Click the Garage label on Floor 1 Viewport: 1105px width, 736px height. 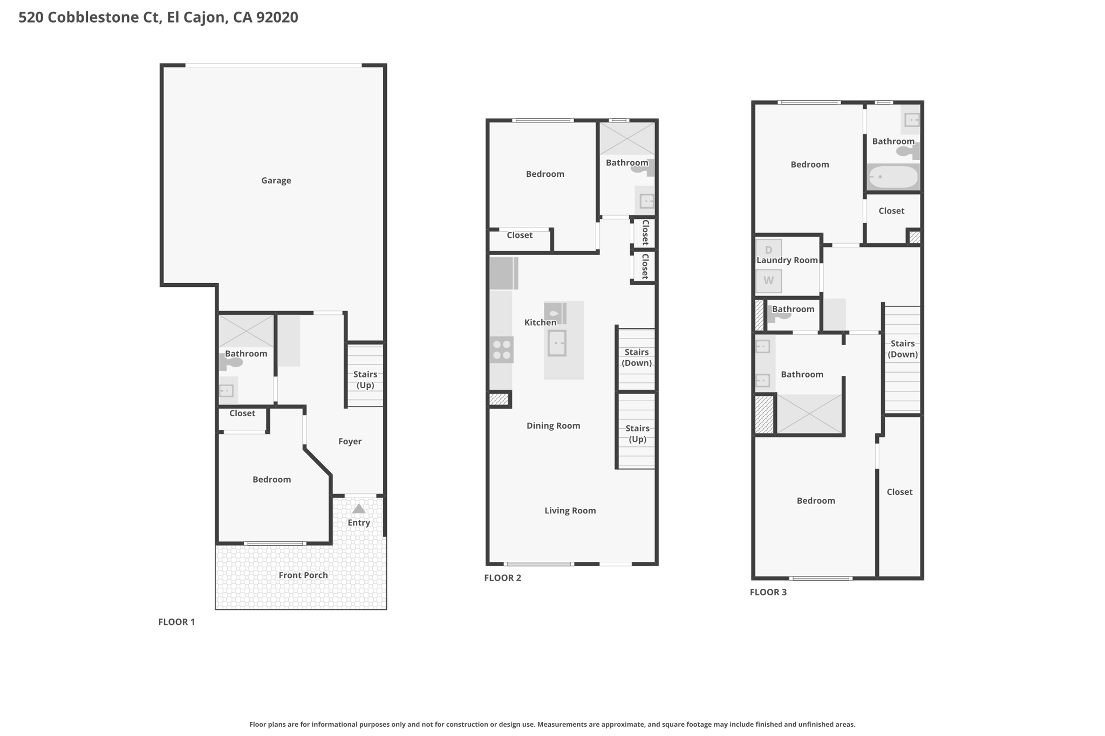(276, 181)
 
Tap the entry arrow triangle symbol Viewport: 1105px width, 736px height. (359, 509)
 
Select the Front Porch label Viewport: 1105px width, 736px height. (303, 575)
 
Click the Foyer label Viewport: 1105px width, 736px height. (350, 442)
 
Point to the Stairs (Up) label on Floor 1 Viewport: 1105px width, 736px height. (365, 380)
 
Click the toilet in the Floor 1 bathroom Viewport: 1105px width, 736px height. (230, 362)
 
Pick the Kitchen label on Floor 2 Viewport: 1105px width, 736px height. (540, 322)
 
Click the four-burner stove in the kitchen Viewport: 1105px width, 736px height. (502, 349)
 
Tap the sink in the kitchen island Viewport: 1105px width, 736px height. (557, 343)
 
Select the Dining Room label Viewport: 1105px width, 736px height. (554, 426)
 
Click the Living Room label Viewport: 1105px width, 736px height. (570, 511)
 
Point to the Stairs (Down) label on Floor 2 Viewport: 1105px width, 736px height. (637, 357)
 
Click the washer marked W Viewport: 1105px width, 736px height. (768, 280)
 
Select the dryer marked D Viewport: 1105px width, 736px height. (768, 249)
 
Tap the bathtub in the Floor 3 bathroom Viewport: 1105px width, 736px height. (893, 177)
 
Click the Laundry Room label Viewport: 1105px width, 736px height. (787, 260)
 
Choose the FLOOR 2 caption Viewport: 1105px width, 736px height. (503, 578)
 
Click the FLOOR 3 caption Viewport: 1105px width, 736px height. (768, 592)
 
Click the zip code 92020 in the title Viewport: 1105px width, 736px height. (277, 17)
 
